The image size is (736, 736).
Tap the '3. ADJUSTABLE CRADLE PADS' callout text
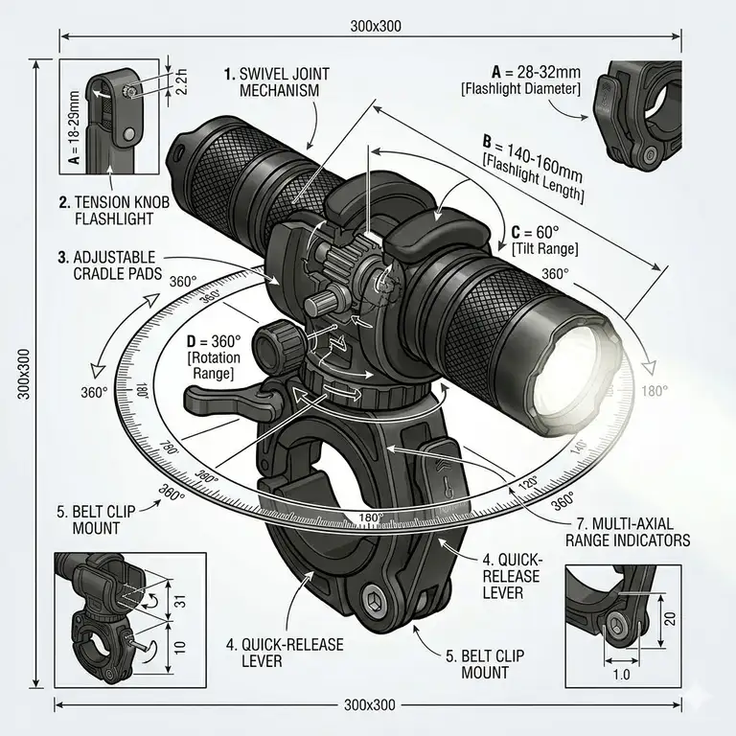pyautogui.click(x=109, y=265)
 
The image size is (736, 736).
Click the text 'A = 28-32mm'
pyautogui.click(x=535, y=72)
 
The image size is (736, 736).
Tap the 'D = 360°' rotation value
pyautogui.click(x=213, y=342)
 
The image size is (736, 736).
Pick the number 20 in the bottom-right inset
pyautogui.click(x=670, y=618)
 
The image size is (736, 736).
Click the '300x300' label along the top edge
pyautogui.click(x=370, y=26)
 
